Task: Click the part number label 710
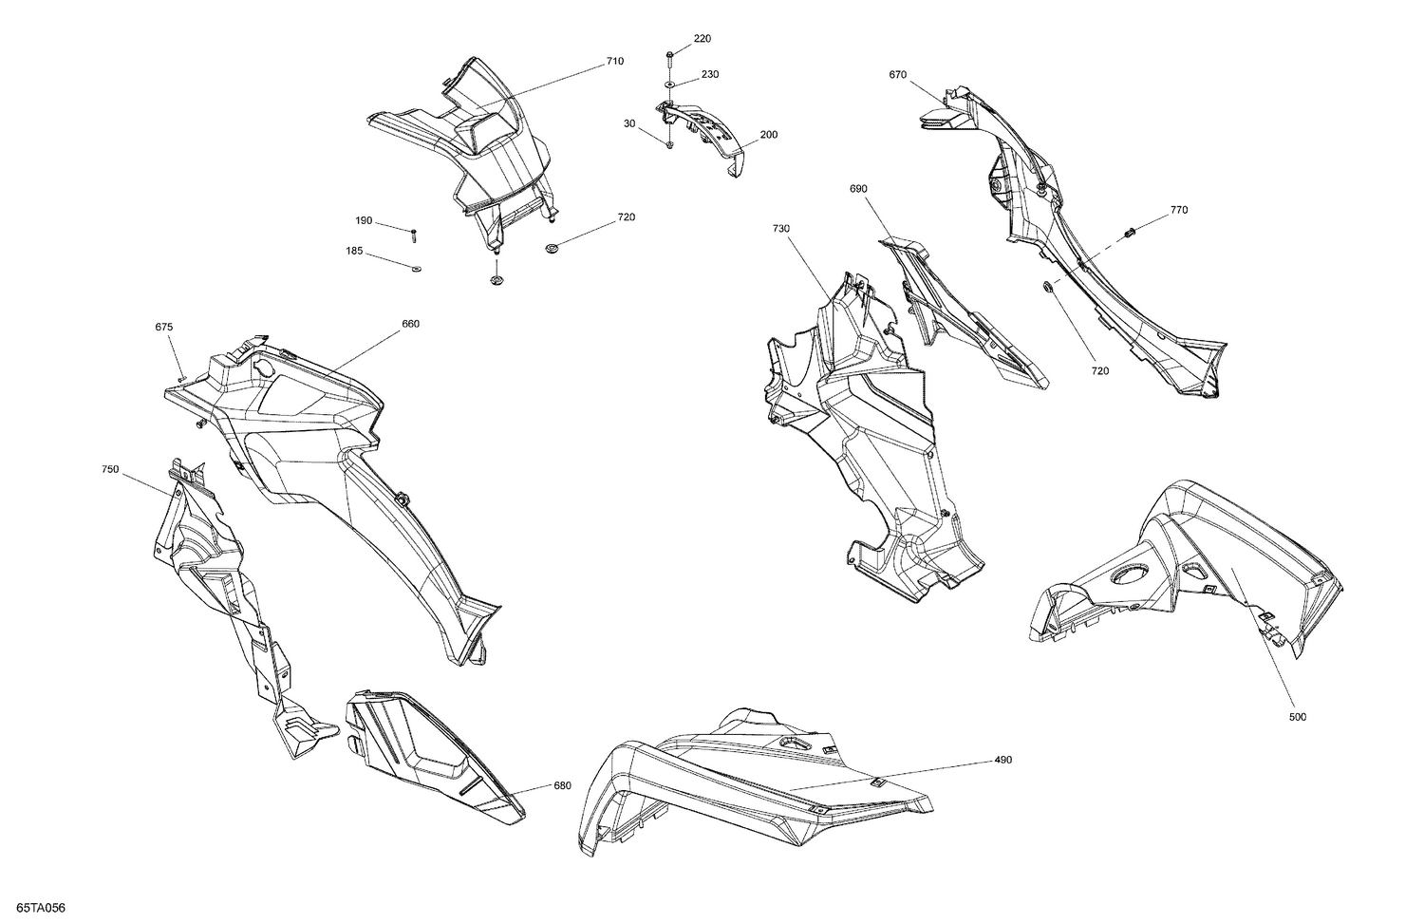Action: (x=615, y=62)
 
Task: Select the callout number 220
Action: (x=702, y=39)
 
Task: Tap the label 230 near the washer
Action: (x=710, y=74)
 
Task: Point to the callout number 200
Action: (x=768, y=135)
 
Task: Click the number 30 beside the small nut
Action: (x=629, y=123)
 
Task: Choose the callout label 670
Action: (x=897, y=75)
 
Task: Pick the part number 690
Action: (x=858, y=189)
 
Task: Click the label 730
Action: (x=781, y=229)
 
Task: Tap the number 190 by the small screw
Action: (x=364, y=220)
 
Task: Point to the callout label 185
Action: (x=353, y=252)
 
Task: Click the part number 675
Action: (x=164, y=327)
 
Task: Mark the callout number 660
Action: (x=410, y=324)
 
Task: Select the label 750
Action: (x=110, y=469)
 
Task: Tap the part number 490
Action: (x=1003, y=760)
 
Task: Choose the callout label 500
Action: (x=1297, y=717)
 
